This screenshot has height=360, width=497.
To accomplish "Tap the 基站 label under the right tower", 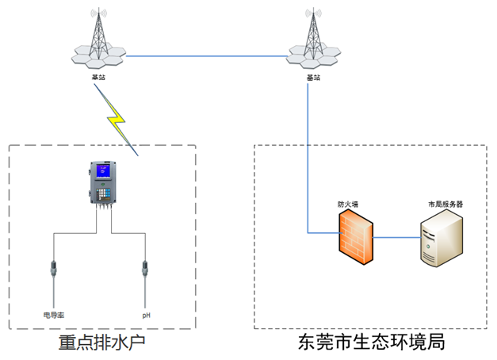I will (x=314, y=78).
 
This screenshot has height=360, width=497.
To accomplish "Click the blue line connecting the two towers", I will (x=206, y=56).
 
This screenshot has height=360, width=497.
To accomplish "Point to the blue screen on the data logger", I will (x=101, y=171).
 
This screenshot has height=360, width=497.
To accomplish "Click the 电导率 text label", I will (x=53, y=315).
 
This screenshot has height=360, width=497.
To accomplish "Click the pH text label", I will (x=146, y=315).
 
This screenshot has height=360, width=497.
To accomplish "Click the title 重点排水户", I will (x=103, y=343).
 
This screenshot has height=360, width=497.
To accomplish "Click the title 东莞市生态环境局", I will (x=370, y=343).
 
